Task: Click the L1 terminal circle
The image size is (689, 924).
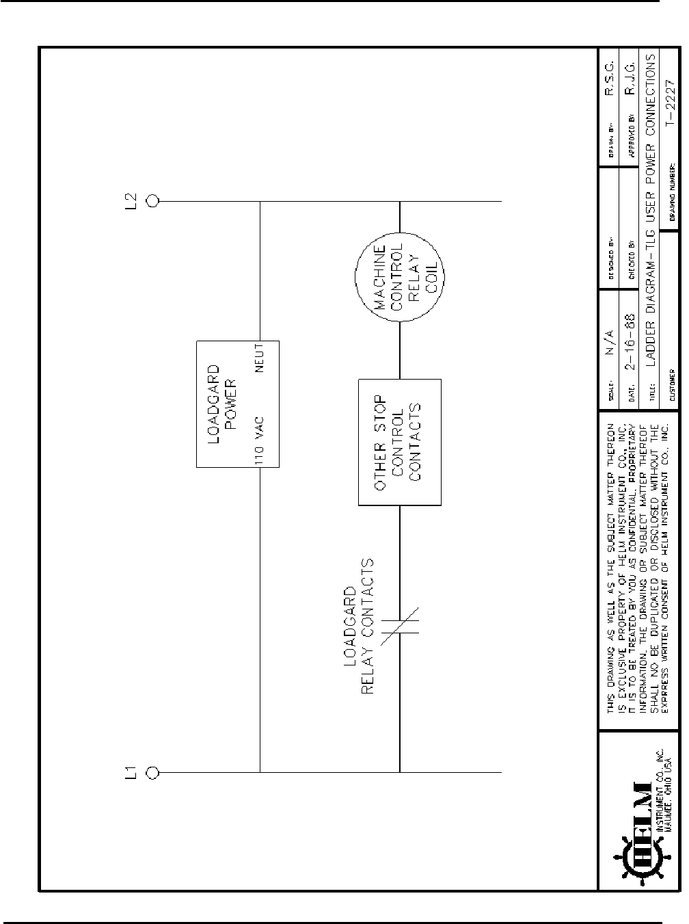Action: click(152, 772)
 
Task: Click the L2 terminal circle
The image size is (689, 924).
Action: click(152, 201)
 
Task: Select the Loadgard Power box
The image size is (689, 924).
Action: click(238, 404)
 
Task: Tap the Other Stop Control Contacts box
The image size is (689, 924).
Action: click(400, 443)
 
